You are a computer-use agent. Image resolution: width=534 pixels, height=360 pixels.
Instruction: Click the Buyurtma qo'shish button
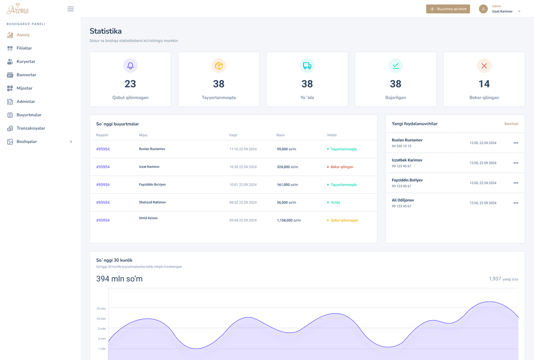click(x=448, y=9)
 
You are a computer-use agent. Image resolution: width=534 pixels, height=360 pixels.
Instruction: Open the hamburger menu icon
click(x=71, y=9)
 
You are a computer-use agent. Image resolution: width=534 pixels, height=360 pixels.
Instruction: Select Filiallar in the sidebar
click(x=24, y=48)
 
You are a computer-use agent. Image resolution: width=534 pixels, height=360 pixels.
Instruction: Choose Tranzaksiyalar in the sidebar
click(x=31, y=128)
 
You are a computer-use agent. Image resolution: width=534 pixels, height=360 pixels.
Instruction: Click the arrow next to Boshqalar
click(x=71, y=142)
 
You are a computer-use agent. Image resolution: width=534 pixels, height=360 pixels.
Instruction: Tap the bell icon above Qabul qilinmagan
click(x=130, y=66)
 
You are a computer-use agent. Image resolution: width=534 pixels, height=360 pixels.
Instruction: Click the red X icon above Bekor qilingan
click(x=484, y=66)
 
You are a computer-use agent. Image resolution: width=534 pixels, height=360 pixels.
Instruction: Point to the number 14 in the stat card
click(x=484, y=84)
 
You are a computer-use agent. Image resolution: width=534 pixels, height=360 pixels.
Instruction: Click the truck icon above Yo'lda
click(x=307, y=66)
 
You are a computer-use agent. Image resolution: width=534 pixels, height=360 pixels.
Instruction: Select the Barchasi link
click(x=511, y=124)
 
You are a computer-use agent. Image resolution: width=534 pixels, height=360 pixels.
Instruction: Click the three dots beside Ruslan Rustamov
click(x=516, y=143)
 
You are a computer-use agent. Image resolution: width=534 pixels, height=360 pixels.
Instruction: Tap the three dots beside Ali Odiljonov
click(x=516, y=203)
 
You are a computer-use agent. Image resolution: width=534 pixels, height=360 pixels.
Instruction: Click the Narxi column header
click(x=280, y=135)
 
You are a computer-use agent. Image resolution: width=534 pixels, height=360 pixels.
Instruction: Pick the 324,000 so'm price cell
click(x=287, y=167)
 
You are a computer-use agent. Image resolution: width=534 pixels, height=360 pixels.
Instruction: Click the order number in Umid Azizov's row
click(x=103, y=220)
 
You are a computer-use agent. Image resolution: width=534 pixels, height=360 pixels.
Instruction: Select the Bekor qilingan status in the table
click(x=341, y=167)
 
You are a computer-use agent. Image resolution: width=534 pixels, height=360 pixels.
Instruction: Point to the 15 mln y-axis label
click(x=101, y=309)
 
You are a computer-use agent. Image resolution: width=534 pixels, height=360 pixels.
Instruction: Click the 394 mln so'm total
click(x=119, y=279)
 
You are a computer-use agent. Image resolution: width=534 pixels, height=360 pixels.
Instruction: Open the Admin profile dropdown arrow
click(x=519, y=11)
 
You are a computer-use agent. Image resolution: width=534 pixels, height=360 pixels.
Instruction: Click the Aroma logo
click(x=18, y=9)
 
